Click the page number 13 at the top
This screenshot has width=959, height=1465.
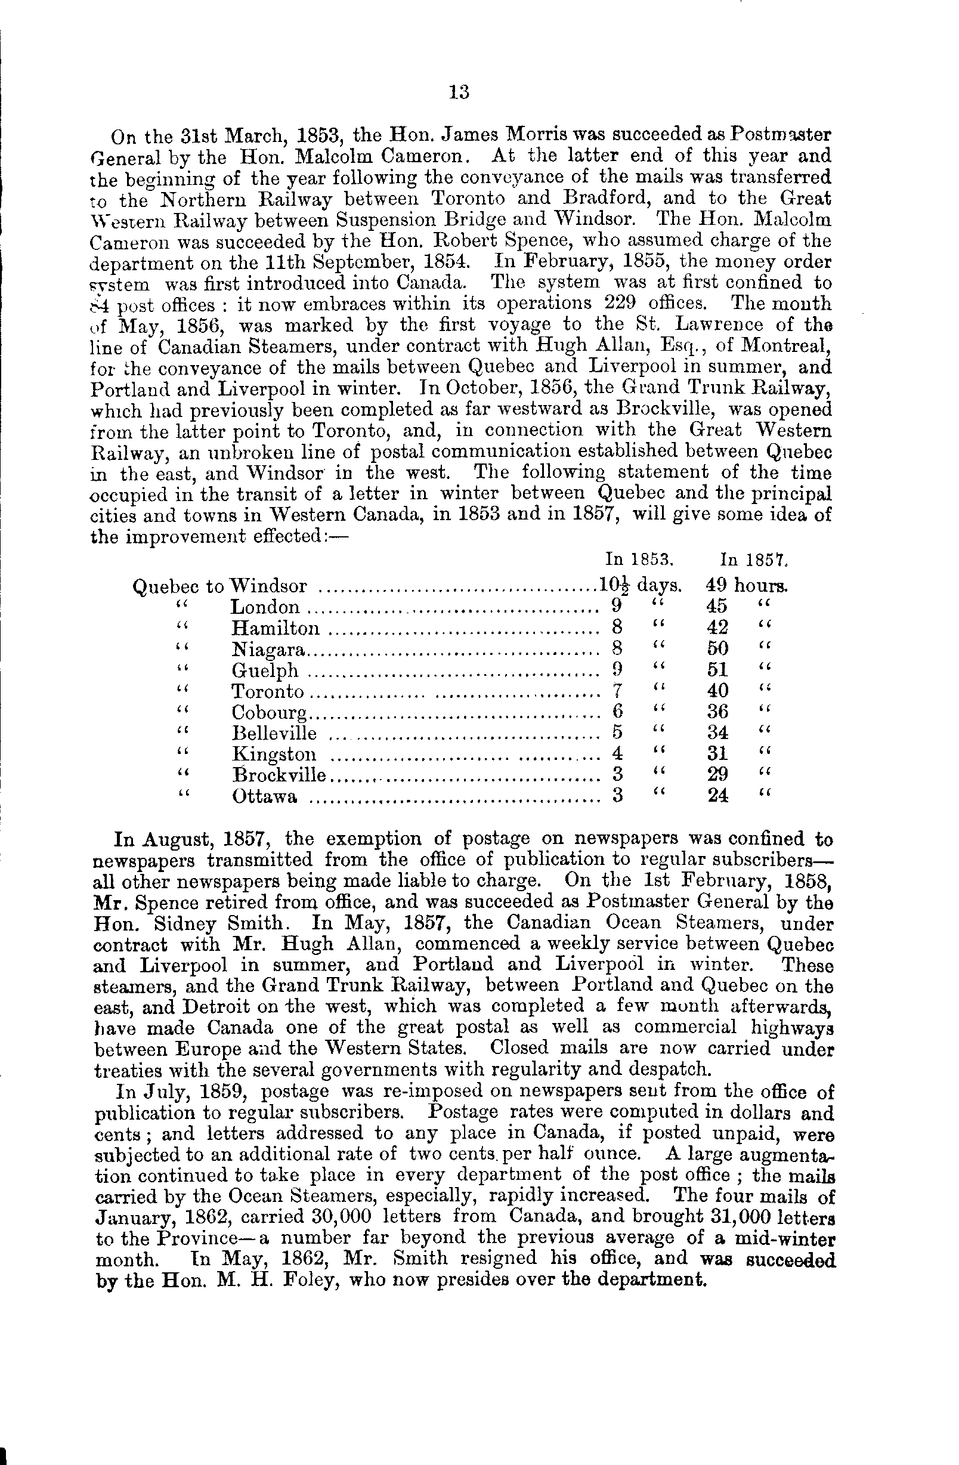[460, 92]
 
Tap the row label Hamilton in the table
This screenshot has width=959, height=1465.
[276, 628]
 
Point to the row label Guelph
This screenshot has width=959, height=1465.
[265, 670]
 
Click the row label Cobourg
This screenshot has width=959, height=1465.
[269, 712]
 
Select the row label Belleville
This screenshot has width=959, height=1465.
[274, 733]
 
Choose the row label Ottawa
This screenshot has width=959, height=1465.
[264, 796]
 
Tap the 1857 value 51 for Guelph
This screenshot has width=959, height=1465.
[717, 670]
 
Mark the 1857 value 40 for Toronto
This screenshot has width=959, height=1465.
[717, 691]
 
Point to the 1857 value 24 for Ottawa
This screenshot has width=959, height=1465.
[717, 796]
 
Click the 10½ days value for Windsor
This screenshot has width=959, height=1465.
[640, 584]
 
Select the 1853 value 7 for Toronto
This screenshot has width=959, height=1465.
[618, 691]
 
